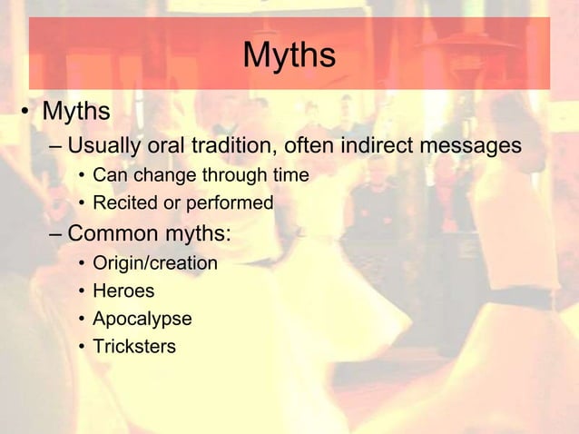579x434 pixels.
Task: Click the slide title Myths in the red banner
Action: pyautogui.click(x=289, y=56)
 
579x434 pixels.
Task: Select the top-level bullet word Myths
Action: pyautogui.click(x=76, y=112)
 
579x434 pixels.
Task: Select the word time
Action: pyautogui.click(x=289, y=174)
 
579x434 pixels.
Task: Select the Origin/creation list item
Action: pyautogui.click(x=155, y=264)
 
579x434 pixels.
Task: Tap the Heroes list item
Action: pyautogui.click(x=123, y=291)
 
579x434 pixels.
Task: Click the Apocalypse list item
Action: pyautogui.click(x=142, y=320)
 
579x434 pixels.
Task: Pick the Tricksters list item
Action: pyautogui.click(x=134, y=347)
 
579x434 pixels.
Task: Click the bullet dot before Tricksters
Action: pyautogui.click(x=82, y=348)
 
